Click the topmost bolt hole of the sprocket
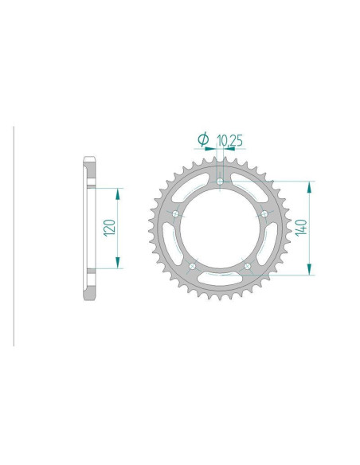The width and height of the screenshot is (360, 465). pos(219,182)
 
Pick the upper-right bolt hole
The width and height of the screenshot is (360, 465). pos(264,213)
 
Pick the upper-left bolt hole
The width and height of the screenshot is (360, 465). pos(174,213)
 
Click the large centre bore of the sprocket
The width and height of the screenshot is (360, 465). pos(219,229)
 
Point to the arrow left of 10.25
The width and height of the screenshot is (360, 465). pos(210,149)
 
